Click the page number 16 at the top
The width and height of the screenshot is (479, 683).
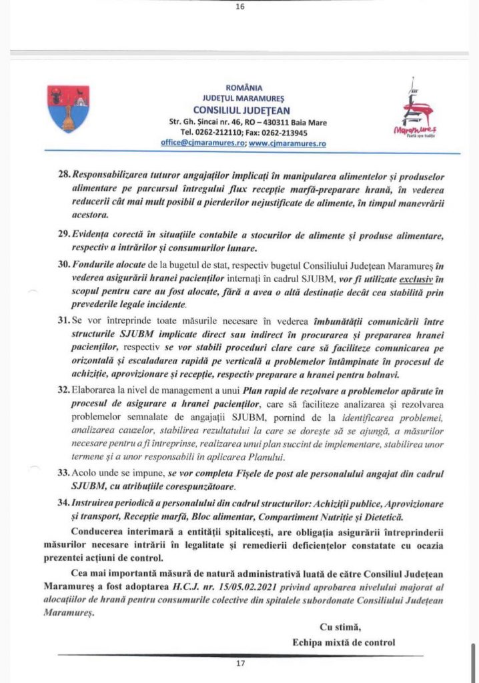tap(240, 7)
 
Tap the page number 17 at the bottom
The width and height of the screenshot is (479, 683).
tap(240, 664)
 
